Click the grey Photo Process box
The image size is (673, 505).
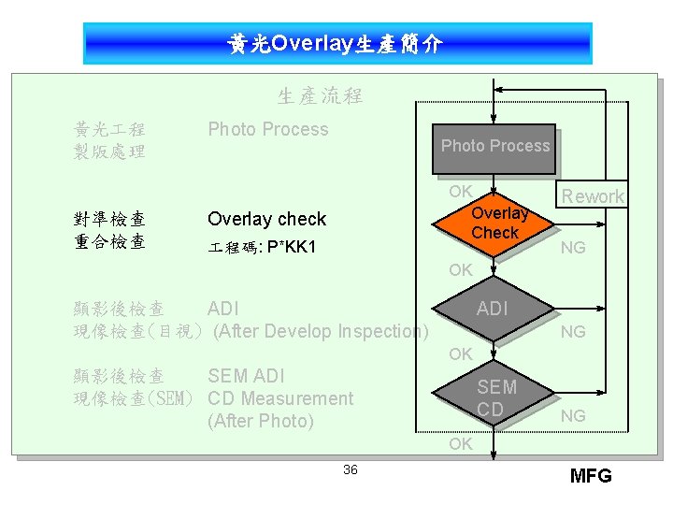(x=494, y=149)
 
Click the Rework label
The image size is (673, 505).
(x=592, y=196)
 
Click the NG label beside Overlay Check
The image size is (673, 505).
(x=573, y=247)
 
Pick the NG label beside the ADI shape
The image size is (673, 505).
(x=573, y=331)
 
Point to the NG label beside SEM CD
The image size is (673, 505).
(x=573, y=415)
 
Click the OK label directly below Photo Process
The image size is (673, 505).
(x=460, y=191)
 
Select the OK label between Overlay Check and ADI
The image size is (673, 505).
(x=460, y=270)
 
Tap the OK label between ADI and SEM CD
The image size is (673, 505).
(x=460, y=354)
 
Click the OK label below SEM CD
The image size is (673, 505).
(x=460, y=444)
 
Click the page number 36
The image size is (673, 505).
(x=350, y=469)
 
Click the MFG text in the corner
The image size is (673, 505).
(x=591, y=476)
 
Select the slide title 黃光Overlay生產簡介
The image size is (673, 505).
(x=336, y=44)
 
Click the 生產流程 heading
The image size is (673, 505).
(x=320, y=95)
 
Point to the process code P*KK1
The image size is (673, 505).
(x=291, y=248)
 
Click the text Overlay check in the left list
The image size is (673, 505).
(x=266, y=219)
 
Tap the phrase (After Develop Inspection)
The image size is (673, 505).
(x=321, y=331)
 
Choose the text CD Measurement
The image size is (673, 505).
(x=280, y=398)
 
